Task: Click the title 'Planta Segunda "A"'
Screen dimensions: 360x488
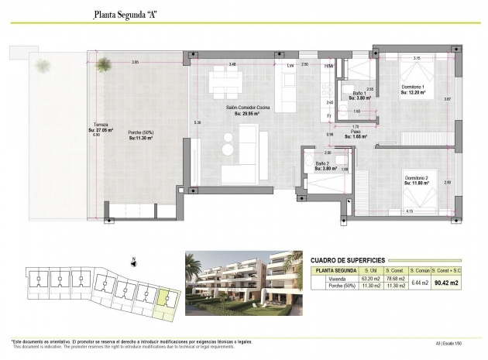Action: pos(125,14)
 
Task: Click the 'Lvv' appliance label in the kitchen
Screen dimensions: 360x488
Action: pos(290,66)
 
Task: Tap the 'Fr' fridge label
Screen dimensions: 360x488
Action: pos(328,115)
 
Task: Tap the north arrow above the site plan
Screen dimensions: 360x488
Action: pos(135,260)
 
